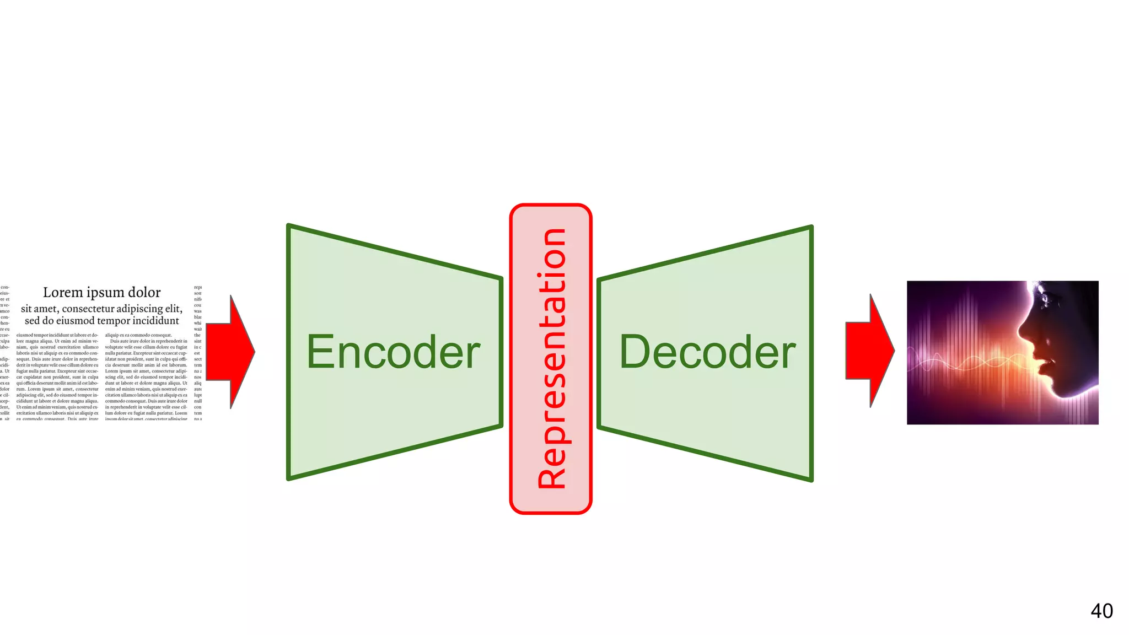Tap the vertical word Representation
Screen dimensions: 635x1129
point(552,358)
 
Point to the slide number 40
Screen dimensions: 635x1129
point(1101,611)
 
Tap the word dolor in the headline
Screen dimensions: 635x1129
point(144,292)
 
